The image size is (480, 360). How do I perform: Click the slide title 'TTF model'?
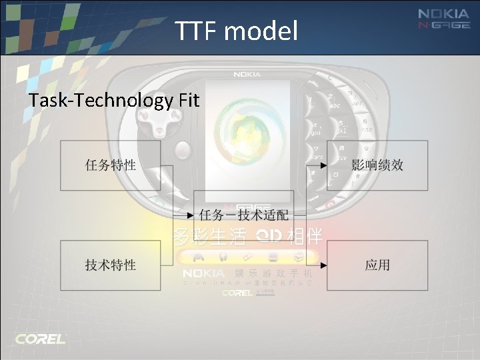pos(237,31)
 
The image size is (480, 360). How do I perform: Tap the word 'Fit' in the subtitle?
pos(189,101)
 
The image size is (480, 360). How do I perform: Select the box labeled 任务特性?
pos(111,165)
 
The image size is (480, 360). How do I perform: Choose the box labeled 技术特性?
pos(111,265)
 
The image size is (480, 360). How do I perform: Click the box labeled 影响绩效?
pos(377,165)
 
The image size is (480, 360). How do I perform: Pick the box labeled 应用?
pos(377,265)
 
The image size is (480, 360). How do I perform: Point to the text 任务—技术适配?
pos(244,215)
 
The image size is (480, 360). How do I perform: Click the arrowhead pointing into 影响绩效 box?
pos(323,165)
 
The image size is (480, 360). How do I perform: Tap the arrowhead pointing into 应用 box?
pos(323,265)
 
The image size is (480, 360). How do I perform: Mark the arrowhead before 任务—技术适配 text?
pos(190,215)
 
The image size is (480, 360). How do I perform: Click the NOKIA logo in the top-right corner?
pos(443,14)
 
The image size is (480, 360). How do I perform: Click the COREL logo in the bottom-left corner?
pos(41,339)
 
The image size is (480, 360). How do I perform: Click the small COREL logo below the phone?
pos(237,293)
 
